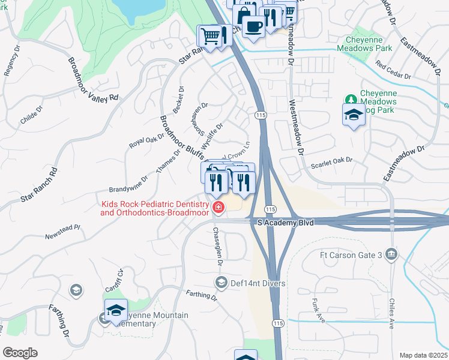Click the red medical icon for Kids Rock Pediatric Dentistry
point(218,208)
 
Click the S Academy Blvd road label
point(286,222)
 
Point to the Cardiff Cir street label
point(119,281)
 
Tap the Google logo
point(20,352)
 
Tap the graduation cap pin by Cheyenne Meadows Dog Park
point(354,115)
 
